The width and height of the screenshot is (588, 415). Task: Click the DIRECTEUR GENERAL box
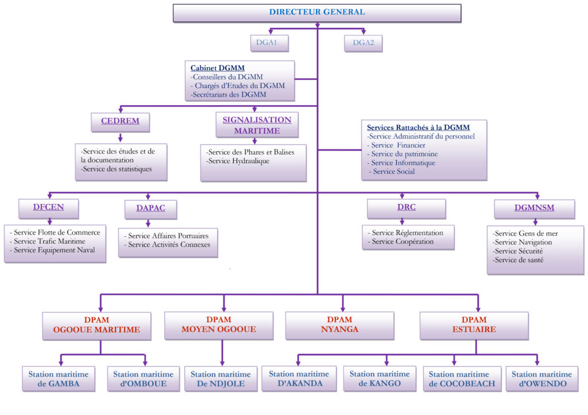click(x=317, y=13)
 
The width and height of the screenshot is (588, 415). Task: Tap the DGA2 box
click(x=363, y=43)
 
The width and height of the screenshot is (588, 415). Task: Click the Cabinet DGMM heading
click(x=210, y=68)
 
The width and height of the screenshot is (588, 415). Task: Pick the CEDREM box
click(x=121, y=122)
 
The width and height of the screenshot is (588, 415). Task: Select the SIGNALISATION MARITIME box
click(x=257, y=125)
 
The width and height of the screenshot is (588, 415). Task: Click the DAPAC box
click(x=151, y=208)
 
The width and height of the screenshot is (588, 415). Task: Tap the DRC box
click(x=406, y=207)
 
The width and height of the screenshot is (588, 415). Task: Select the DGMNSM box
click(x=534, y=208)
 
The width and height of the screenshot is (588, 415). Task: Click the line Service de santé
click(x=519, y=260)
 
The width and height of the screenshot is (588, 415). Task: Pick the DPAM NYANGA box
click(x=339, y=325)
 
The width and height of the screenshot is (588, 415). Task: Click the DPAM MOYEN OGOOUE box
click(x=218, y=325)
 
